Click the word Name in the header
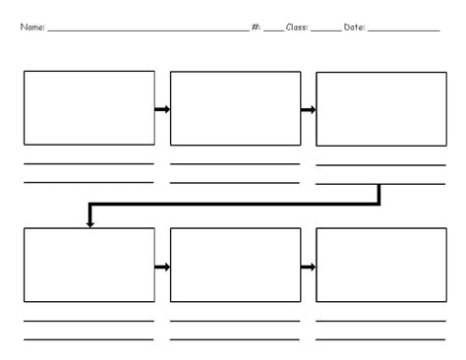point(30,28)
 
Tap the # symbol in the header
point(256,28)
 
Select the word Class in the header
point(296,28)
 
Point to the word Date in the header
point(354,28)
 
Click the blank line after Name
point(147,31)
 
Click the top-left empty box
point(88,108)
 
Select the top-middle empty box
point(235,108)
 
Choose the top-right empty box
point(380,108)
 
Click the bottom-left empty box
point(88,265)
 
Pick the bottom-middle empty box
point(235,265)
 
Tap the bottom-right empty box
point(380,265)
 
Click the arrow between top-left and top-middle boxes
point(162,109)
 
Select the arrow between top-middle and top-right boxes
point(308,109)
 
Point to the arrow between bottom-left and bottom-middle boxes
point(162,267)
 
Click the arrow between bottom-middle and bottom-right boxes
point(308,267)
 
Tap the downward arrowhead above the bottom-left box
point(90,223)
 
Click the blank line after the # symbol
point(272,31)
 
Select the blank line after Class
point(325,31)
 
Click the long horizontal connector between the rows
point(236,205)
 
